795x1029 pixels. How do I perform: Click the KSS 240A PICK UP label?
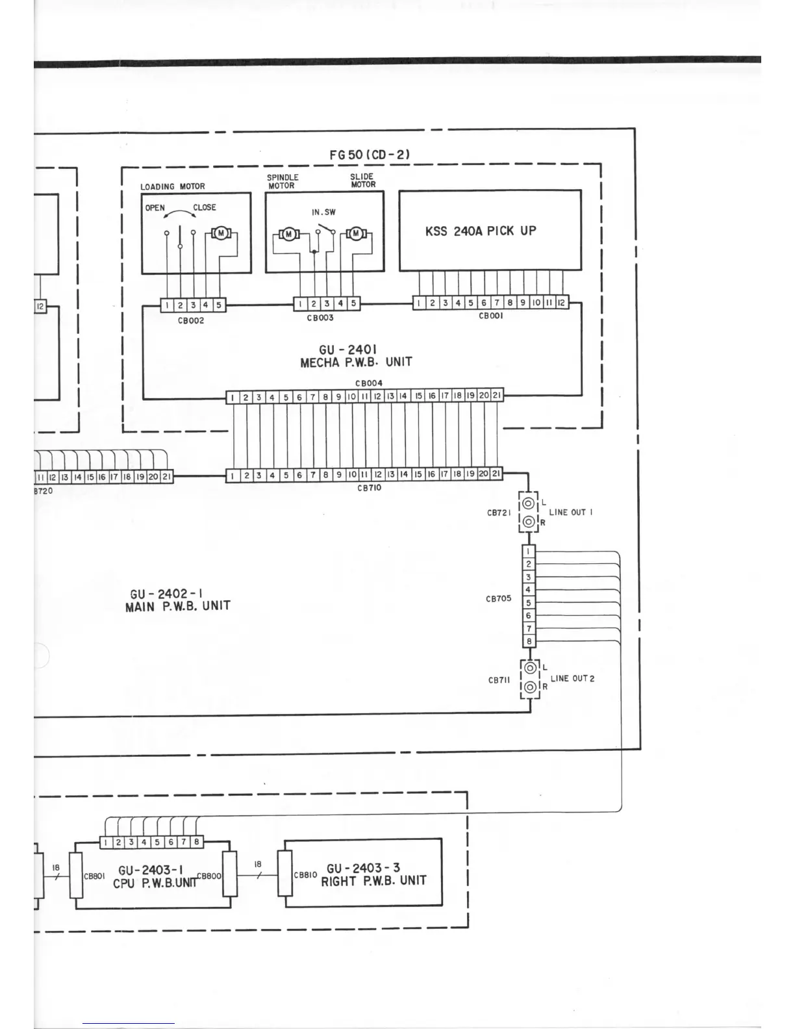(481, 231)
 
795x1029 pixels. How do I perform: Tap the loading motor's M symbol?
(221, 233)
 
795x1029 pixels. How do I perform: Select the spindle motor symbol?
(288, 234)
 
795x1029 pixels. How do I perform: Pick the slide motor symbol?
(356, 234)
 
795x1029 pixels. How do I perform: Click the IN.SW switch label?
(323, 212)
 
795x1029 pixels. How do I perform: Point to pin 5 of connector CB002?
(219, 305)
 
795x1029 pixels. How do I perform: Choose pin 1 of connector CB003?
(300, 303)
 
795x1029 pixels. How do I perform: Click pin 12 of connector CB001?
(561, 302)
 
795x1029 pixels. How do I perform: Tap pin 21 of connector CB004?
(496, 396)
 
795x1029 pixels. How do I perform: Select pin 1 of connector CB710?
(233, 476)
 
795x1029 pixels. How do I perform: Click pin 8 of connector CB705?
(529, 641)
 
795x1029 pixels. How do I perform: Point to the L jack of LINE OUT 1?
(529, 503)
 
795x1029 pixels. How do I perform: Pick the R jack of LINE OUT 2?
(531, 687)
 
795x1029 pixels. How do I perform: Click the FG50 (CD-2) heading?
(370, 155)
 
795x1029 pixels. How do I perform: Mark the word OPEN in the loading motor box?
(155, 208)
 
